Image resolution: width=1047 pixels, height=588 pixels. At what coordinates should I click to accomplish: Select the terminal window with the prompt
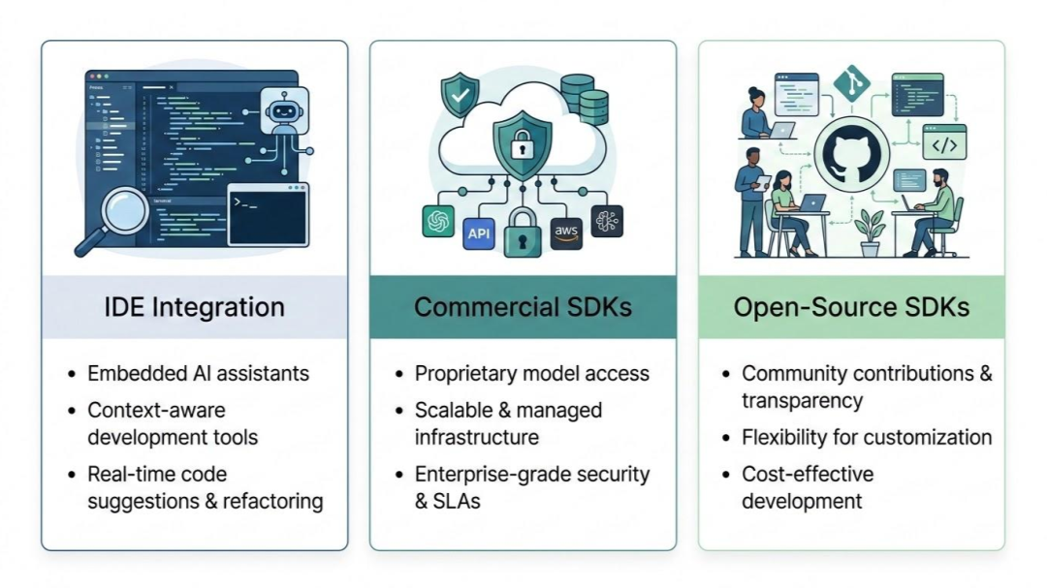point(268,215)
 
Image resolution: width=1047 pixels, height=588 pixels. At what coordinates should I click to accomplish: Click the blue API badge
point(479,233)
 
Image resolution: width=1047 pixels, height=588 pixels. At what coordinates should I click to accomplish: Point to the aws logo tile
point(566,232)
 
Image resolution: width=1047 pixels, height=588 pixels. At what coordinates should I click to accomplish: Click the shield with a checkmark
point(460,96)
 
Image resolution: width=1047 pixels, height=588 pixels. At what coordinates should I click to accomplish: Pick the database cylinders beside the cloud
point(585,98)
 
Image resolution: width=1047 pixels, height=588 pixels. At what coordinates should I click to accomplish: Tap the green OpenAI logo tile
point(438,220)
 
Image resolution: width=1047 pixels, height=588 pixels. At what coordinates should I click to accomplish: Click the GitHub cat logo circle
point(851,154)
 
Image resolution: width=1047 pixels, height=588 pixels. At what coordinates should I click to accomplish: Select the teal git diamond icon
point(852,83)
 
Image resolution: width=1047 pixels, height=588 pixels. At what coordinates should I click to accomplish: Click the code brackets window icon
point(944,142)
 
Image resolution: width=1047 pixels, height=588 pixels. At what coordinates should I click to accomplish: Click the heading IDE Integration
point(194,307)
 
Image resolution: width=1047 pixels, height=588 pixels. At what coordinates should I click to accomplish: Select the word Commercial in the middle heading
point(486,307)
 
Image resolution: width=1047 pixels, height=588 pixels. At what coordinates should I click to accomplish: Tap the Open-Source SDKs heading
point(851,307)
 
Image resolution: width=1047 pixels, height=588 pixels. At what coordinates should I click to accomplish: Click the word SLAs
point(457,501)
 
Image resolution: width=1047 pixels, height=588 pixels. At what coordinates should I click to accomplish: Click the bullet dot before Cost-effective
point(726,475)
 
